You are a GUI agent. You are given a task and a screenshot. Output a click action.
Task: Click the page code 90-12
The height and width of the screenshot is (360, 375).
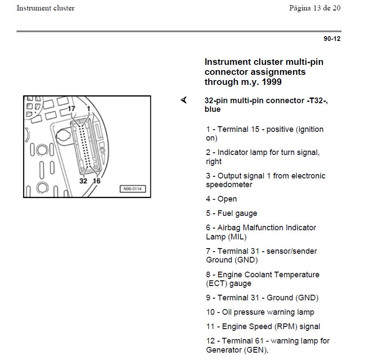click(332, 39)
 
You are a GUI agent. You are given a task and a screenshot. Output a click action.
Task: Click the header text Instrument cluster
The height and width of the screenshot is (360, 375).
click(45, 8)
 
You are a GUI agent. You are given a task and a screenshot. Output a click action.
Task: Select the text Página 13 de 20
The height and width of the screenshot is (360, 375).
click(314, 8)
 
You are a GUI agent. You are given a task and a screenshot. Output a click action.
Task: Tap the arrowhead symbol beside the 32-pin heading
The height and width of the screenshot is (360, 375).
click(184, 101)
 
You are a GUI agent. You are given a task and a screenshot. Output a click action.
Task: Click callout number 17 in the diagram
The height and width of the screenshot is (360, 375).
click(71, 108)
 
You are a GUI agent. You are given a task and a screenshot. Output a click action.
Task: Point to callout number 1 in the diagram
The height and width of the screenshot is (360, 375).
click(88, 108)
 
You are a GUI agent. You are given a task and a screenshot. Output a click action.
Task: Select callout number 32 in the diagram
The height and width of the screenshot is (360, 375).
click(83, 181)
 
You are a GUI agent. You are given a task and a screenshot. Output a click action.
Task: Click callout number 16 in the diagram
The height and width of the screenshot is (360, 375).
click(96, 181)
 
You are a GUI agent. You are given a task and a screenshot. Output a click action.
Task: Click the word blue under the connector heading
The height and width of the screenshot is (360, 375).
click(213, 109)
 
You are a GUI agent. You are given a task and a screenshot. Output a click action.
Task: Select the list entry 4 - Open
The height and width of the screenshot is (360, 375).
click(221, 199)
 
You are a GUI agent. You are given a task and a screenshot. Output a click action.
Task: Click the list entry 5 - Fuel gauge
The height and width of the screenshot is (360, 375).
click(231, 213)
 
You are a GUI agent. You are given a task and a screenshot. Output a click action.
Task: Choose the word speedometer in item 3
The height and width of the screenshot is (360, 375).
click(229, 185)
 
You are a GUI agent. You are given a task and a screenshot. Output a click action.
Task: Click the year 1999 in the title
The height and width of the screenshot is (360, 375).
click(271, 81)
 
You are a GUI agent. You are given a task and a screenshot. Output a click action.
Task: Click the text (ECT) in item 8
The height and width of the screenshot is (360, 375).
click(216, 283)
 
